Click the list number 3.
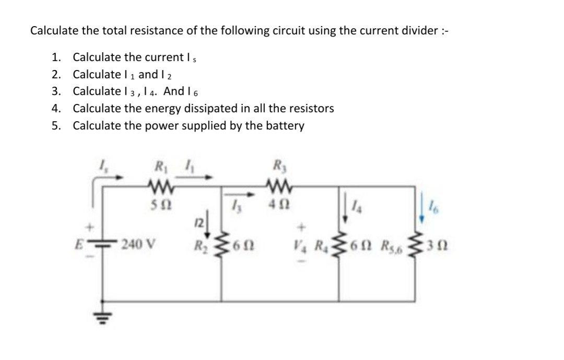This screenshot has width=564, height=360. (x=55, y=91)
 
